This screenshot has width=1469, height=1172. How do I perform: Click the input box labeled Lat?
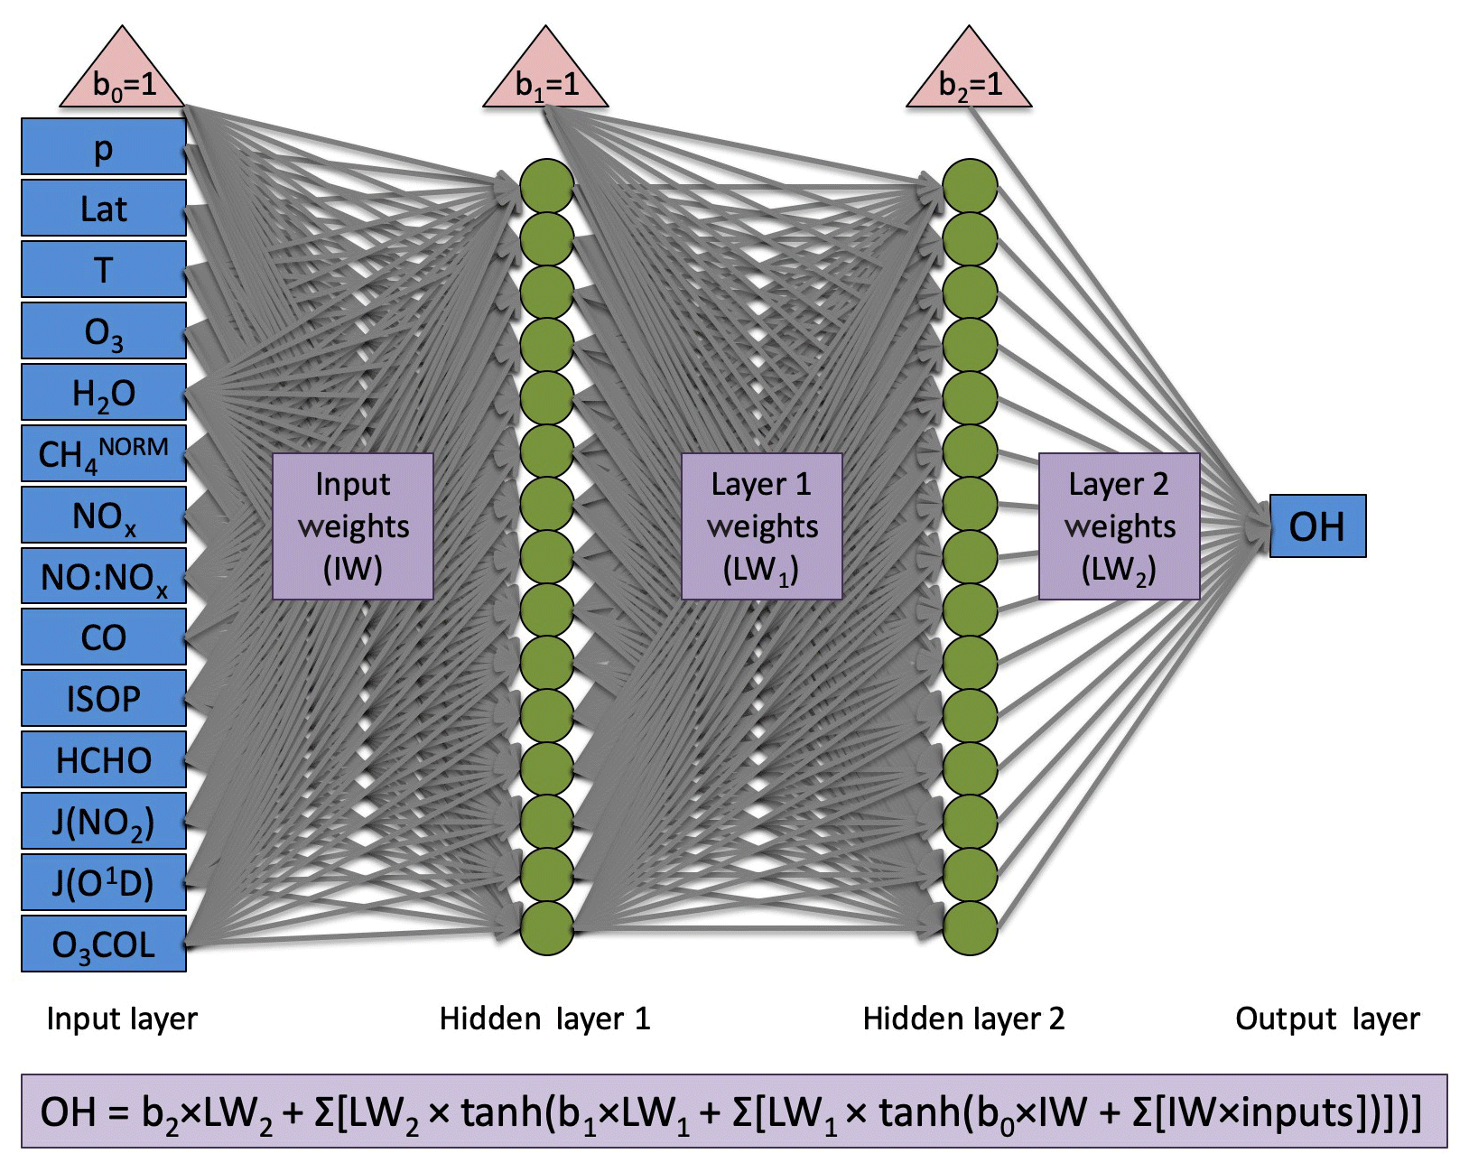[x=104, y=209]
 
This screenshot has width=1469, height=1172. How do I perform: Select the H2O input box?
[x=104, y=393]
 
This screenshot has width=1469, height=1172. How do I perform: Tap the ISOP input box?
[x=104, y=698]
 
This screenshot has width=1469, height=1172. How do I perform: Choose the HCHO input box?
[x=104, y=759]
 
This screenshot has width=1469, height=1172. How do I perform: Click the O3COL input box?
[x=104, y=944]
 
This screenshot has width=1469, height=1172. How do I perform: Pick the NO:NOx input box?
[x=104, y=576]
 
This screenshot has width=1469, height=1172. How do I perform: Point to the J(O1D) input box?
[x=104, y=882]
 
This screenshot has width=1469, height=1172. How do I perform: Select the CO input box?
[x=104, y=637]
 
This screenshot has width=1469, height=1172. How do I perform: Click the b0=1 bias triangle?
[x=123, y=78]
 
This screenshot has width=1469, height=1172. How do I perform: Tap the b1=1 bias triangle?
[x=545, y=78]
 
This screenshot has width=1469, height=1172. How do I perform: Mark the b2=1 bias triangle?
[x=969, y=78]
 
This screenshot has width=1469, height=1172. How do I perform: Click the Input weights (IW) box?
[x=353, y=526]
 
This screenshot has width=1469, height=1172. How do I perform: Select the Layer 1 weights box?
[x=762, y=526]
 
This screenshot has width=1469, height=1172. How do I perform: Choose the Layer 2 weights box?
[x=1120, y=526]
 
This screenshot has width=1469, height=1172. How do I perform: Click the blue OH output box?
[x=1317, y=526]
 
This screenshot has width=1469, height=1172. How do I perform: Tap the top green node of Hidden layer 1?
[x=547, y=186]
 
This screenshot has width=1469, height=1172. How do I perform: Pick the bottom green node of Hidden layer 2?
[x=970, y=928]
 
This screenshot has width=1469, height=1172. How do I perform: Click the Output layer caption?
[x=1327, y=1019]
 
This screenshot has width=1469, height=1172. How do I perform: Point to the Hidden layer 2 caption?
[x=963, y=1019]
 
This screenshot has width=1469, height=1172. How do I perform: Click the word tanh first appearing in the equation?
[x=502, y=1112]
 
